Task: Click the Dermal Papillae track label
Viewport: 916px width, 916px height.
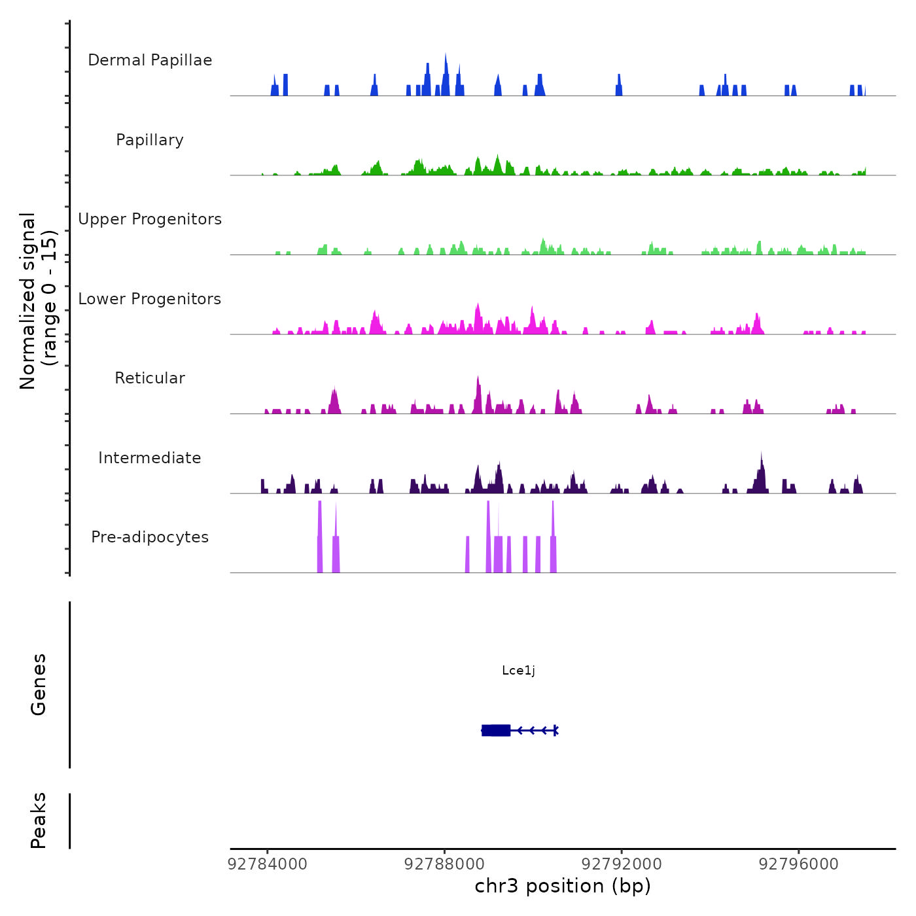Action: [150, 60]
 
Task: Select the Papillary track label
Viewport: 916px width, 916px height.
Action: [150, 140]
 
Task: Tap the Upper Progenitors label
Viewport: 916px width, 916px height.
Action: [150, 219]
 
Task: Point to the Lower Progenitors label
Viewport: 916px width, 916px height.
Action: [150, 299]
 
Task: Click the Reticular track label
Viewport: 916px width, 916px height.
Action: [150, 378]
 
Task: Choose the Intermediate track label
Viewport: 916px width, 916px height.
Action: [150, 458]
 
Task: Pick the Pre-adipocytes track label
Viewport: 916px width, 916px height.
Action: [150, 537]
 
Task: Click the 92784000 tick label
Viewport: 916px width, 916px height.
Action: [267, 864]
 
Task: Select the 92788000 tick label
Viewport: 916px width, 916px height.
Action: [444, 864]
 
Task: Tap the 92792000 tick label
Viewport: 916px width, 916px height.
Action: [622, 864]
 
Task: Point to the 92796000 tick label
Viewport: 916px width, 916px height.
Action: [798, 864]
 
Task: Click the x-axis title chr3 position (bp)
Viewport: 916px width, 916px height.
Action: [563, 886]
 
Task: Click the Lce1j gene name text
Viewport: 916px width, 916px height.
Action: [518, 670]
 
